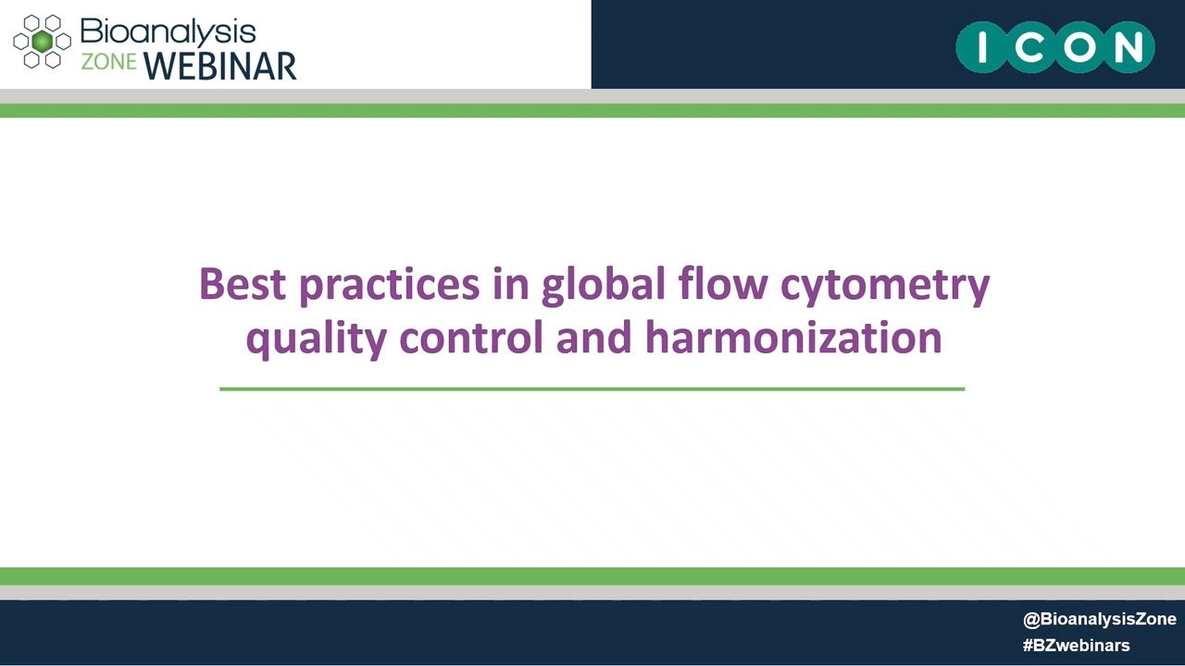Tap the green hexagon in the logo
pos(43,42)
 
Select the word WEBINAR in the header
pos(219,66)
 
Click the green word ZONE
pos(108,62)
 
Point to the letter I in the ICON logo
pos(982,46)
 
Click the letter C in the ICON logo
pos(1030,46)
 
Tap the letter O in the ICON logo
pos(1079,46)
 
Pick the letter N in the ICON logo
pos(1129,46)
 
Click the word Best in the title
pos(243,284)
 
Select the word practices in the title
pos(390,287)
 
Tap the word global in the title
pos(603,286)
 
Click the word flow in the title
pos(723,283)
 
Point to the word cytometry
pos(885,288)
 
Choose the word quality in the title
pos(317,339)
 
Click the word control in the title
pos(471,337)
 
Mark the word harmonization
pos(793,337)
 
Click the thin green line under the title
pos(592,389)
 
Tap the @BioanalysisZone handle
pos(1099,619)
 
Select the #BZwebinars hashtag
pos(1076,645)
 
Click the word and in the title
pos(594,337)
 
